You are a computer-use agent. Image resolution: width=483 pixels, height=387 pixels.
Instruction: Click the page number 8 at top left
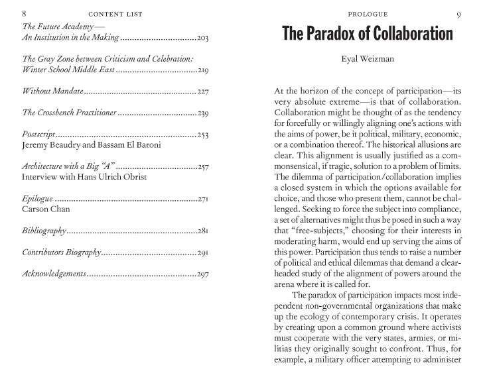click(x=25, y=14)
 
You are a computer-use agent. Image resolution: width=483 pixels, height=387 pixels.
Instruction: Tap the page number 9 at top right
click(x=458, y=15)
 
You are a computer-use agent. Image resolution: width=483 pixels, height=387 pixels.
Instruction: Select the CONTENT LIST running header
click(x=115, y=14)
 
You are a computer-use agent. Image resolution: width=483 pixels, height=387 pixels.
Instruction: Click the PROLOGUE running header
click(x=368, y=14)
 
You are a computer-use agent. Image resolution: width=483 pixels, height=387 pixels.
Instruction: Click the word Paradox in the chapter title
click(x=339, y=34)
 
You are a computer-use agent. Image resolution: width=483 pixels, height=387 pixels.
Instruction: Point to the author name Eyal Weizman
click(x=367, y=59)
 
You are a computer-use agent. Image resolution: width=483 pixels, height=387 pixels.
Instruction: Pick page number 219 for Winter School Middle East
click(x=202, y=70)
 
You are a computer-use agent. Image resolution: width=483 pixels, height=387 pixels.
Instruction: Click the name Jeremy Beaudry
click(x=55, y=144)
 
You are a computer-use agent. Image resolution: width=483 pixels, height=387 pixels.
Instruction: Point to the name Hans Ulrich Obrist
click(x=114, y=177)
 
